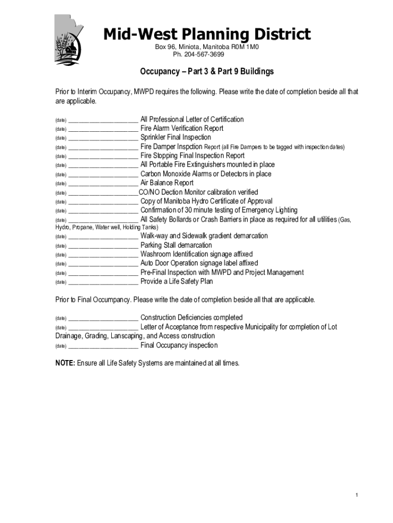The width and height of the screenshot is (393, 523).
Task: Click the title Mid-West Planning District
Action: pyautogui.click(x=207, y=34)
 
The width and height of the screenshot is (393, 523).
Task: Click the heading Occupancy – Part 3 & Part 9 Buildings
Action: pyautogui.click(x=207, y=72)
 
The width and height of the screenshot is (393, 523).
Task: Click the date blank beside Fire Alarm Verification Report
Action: pyautogui.click(x=103, y=129)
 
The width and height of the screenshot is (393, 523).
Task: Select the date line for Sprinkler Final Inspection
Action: pyautogui.click(x=103, y=138)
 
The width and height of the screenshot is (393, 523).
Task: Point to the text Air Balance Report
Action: pyautogui.click(x=167, y=183)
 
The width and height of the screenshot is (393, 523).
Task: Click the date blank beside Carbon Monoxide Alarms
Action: pyautogui.click(x=103, y=174)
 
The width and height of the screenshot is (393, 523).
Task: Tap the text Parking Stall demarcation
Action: pyautogui.click(x=176, y=245)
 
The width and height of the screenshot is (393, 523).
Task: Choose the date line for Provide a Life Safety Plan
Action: pyautogui.click(x=103, y=282)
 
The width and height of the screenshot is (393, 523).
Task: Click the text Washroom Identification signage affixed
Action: pyautogui.click(x=196, y=254)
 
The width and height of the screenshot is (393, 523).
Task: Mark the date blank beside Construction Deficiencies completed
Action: pyautogui.click(x=103, y=318)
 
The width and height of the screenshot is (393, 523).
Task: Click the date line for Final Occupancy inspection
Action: pyautogui.click(x=103, y=346)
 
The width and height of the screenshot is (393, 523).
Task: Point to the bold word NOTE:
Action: pyautogui.click(x=65, y=363)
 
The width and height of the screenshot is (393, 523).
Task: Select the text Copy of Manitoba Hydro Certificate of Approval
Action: pyautogui.click(x=206, y=201)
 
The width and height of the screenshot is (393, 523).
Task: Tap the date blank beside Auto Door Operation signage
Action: pyautogui.click(x=103, y=264)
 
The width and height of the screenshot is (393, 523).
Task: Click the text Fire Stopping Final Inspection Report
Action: pyautogui.click(x=192, y=156)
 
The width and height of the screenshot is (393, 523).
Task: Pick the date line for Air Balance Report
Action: pyautogui.click(x=103, y=183)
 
